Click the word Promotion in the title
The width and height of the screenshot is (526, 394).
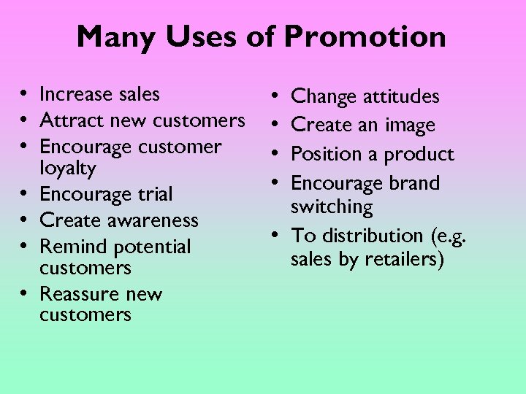[365, 37]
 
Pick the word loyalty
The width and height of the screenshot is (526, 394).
[68, 169]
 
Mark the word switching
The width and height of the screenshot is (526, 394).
[332, 207]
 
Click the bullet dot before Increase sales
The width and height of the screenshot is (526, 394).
[25, 95]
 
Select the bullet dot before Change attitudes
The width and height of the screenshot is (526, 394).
[272, 96]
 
